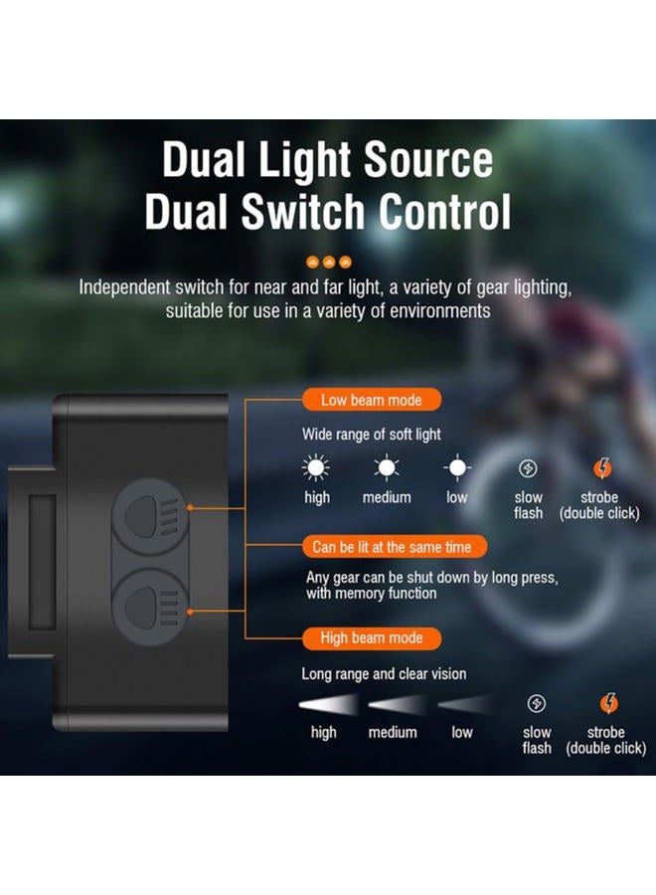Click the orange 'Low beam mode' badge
pos(372,400)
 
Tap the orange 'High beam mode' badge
pos(372,638)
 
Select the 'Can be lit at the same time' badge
pos(395,547)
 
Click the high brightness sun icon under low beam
pos(316,468)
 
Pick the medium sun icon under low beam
pos(387,468)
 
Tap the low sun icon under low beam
pos(457,468)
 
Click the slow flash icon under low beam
pos(528,468)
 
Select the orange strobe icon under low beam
pos(602,468)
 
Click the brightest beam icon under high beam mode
pos(328,705)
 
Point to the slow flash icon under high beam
pos(536,704)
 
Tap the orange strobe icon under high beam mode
pos(608,703)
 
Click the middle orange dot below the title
pos(329,262)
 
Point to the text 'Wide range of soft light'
pos(372,435)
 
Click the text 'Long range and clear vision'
pos(384,674)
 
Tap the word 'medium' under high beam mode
pos(393,732)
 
